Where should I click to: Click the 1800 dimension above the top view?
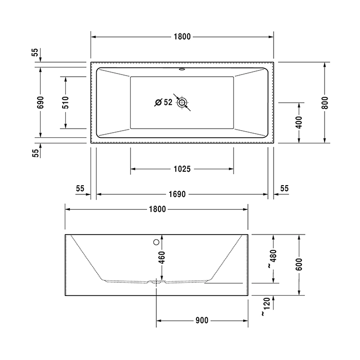pyautogui.click(x=182, y=37)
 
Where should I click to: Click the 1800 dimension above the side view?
pyautogui.click(x=157, y=209)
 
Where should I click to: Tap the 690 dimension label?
pyautogui.click(x=41, y=102)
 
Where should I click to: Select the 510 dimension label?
pyautogui.click(x=65, y=102)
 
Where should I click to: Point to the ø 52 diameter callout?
pyautogui.click(x=164, y=102)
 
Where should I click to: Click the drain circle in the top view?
pyautogui.click(x=182, y=102)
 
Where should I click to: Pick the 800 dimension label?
pyautogui.click(x=325, y=103)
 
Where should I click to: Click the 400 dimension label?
pyautogui.click(x=299, y=122)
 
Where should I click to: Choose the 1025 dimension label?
pyautogui.click(x=182, y=169)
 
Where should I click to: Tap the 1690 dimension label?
pyautogui.click(x=177, y=194)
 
